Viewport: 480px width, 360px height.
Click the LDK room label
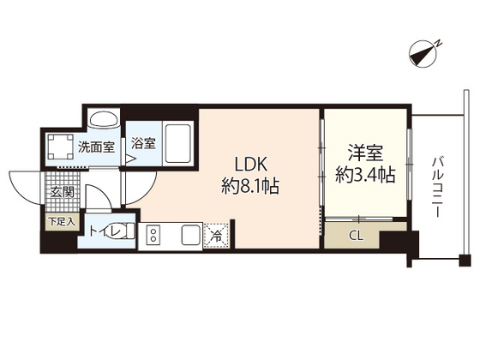tap(249, 163)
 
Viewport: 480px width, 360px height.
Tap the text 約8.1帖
tap(249, 183)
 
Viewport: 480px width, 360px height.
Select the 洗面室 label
tap(96, 147)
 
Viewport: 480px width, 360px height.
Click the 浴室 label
tap(143, 144)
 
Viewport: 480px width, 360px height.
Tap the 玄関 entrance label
tap(60, 192)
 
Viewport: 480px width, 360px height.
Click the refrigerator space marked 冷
tap(216, 233)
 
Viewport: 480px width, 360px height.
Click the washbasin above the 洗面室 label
tap(104, 121)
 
